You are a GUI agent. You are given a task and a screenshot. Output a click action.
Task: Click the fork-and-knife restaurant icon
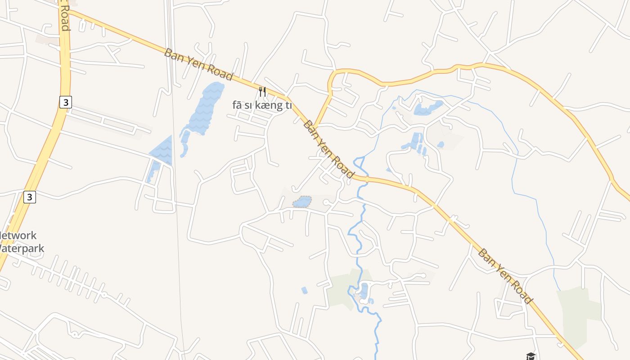[262, 92]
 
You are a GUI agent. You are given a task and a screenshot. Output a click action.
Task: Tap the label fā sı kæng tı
[262, 105]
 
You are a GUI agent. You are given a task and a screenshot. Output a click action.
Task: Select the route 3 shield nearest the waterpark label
[30, 197]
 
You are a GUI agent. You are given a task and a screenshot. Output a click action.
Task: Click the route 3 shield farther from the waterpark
[66, 102]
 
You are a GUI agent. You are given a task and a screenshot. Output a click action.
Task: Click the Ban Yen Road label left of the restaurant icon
[198, 65]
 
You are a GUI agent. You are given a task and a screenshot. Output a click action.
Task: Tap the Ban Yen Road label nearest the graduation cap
[505, 276]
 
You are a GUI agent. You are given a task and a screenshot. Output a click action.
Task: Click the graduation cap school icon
[531, 356]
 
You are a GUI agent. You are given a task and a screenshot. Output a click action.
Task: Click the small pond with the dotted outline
[302, 202]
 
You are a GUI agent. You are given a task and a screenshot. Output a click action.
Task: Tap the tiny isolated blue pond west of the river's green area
[304, 290]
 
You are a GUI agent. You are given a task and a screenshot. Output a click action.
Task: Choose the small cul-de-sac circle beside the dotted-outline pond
[326, 202]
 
